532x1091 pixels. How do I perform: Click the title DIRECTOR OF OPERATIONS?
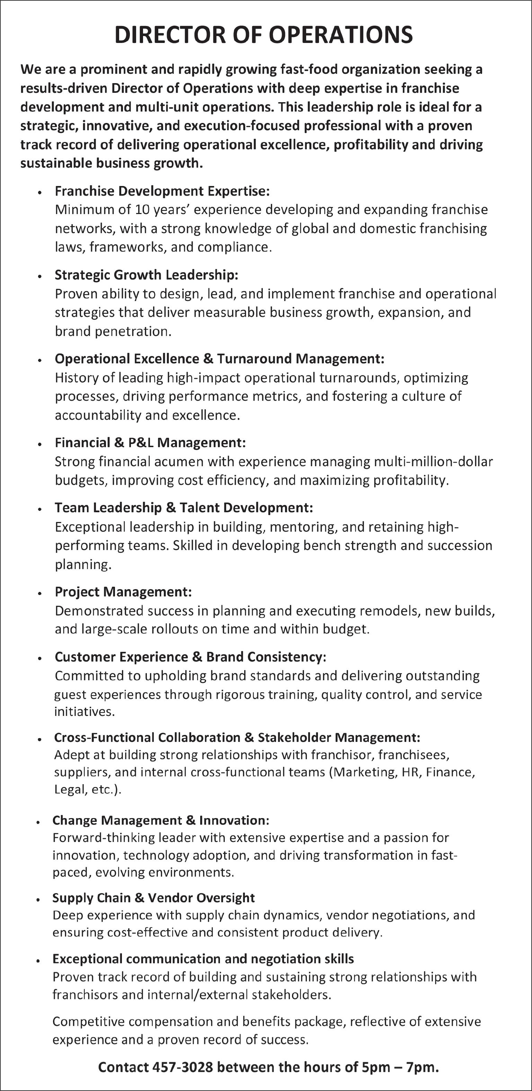click(264, 35)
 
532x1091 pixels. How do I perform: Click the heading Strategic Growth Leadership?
click(146, 275)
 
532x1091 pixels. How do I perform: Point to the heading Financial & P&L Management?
click(150, 443)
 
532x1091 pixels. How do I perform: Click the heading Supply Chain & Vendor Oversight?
click(153, 897)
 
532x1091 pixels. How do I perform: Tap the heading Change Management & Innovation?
click(160, 821)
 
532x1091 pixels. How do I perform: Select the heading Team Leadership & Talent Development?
click(184, 507)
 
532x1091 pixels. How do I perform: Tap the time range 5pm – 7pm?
click(400, 1066)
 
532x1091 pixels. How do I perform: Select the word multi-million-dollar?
click(433, 461)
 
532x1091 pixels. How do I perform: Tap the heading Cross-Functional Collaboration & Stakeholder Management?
click(237, 737)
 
